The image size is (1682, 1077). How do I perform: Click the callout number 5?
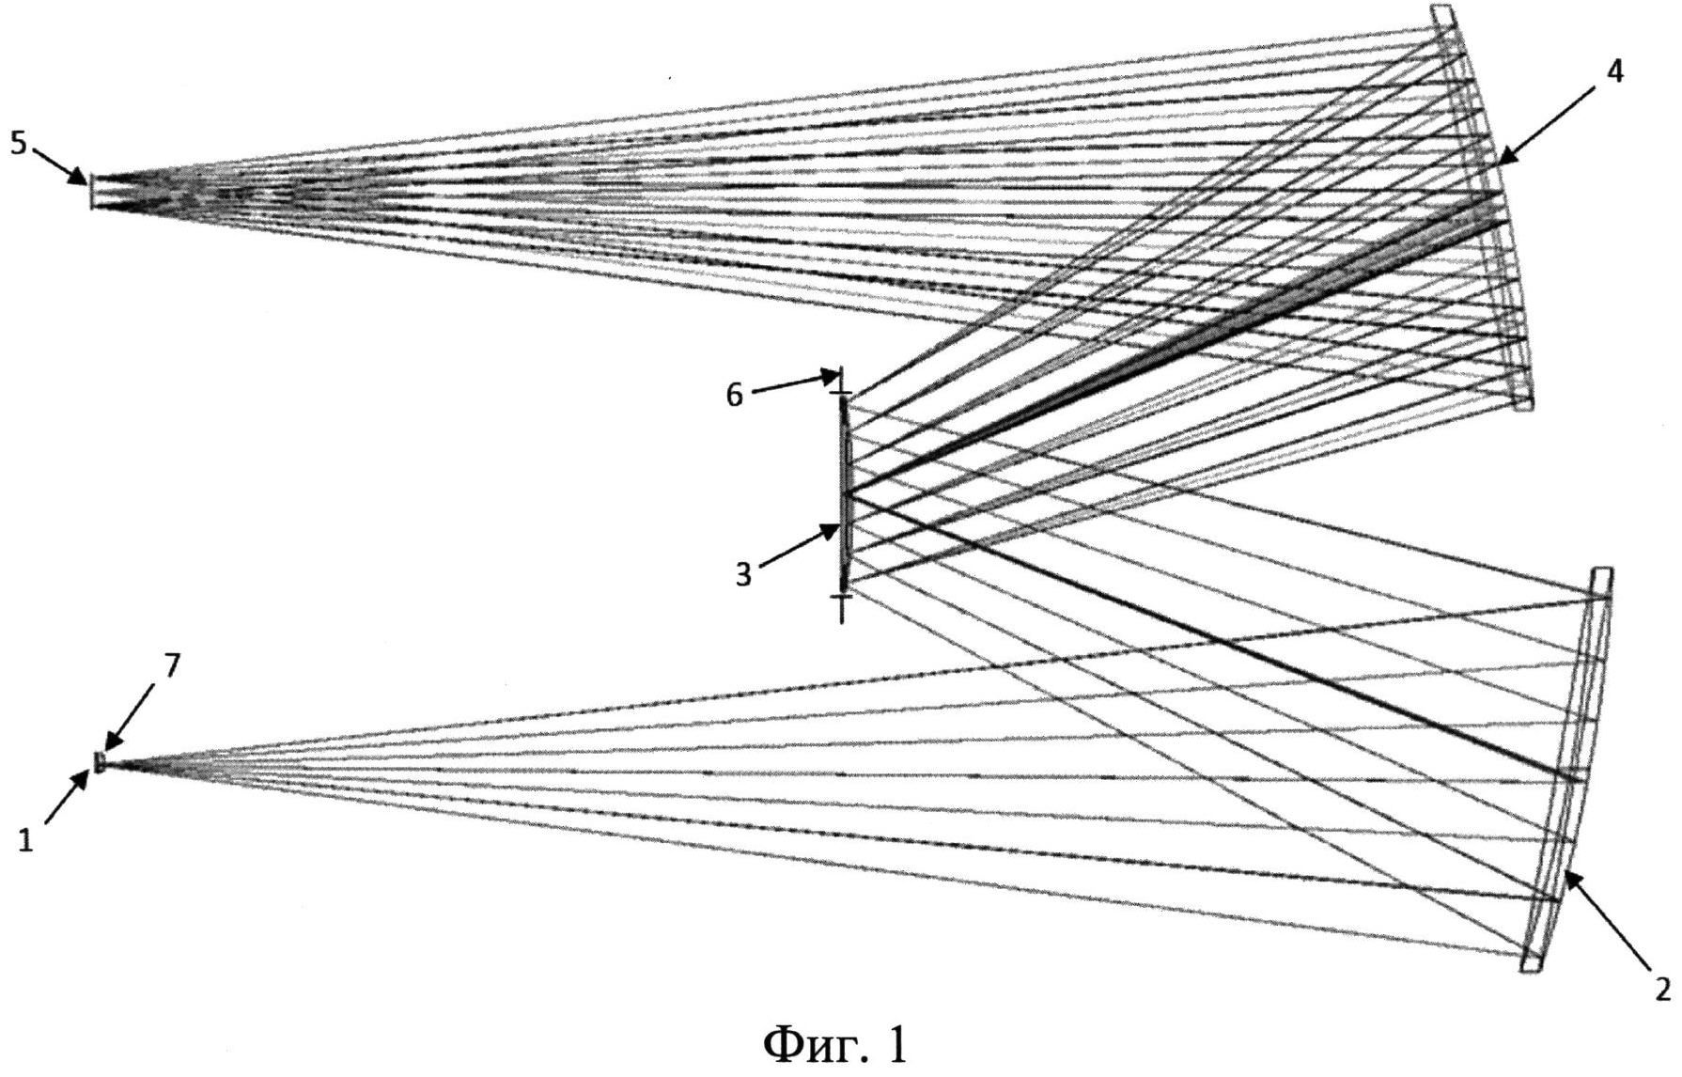[19, 144]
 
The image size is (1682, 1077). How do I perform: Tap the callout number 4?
[1614, 71]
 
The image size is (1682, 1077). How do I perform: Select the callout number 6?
[734, 396]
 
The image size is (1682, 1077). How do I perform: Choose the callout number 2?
[1661, 990]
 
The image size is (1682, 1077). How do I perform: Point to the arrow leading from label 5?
[60, 164]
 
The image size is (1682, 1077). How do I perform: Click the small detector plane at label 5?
[91, 191]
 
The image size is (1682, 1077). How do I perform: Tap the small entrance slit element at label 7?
[99, 762]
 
